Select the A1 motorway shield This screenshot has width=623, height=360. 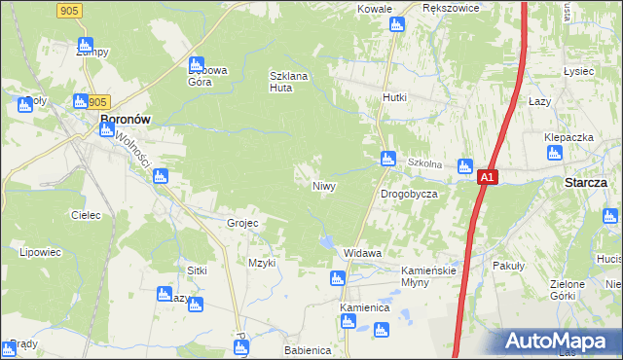[x=489, y=178]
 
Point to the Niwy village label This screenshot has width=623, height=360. [x=324, y=185]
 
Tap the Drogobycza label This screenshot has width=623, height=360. [x=408, y=195]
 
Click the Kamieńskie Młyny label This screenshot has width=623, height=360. [x=429, y=276]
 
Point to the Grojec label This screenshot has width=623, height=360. [x=242, y=223]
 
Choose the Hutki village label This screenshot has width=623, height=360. [x=394, y=98]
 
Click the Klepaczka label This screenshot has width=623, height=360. [x=568, y=137]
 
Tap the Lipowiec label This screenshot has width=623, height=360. [x=40, y=252]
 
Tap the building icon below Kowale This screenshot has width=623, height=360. [x=396, y=24]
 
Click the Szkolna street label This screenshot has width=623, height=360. [x=425, y=163]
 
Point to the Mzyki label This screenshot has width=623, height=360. [x=263, y=263]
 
